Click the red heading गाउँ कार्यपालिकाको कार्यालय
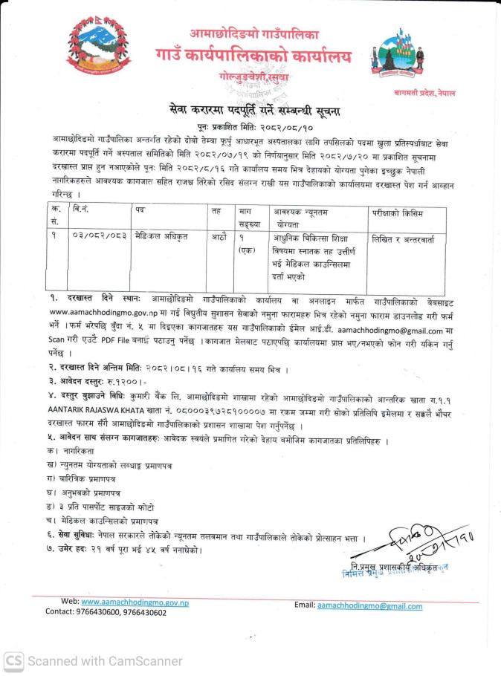tap(254, 56)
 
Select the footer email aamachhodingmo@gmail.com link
tap(369, 606)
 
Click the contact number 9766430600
tap(94, 613)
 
